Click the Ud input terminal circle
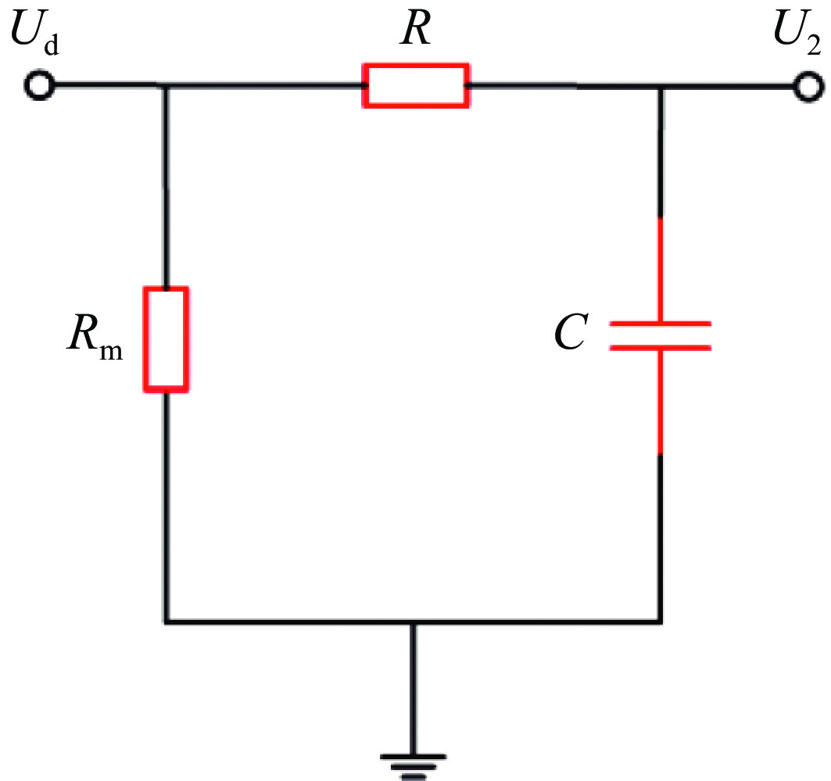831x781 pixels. pos(38,85)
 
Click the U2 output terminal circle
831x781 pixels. pos(808,87)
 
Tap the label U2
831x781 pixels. pos(797,33)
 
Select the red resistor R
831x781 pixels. pos(416,85)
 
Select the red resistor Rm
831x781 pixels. pos(166,339)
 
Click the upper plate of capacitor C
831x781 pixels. pos(660,323)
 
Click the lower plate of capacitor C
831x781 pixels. pos(660,348)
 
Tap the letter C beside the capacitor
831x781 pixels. pos(571,332)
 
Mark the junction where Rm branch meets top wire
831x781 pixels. pos(166,85)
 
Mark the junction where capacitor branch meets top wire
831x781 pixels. pos(661,87)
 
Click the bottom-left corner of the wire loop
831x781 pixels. pos(167,621)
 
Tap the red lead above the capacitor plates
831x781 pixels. pos(661,269)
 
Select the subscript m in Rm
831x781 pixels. pos(111,351)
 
